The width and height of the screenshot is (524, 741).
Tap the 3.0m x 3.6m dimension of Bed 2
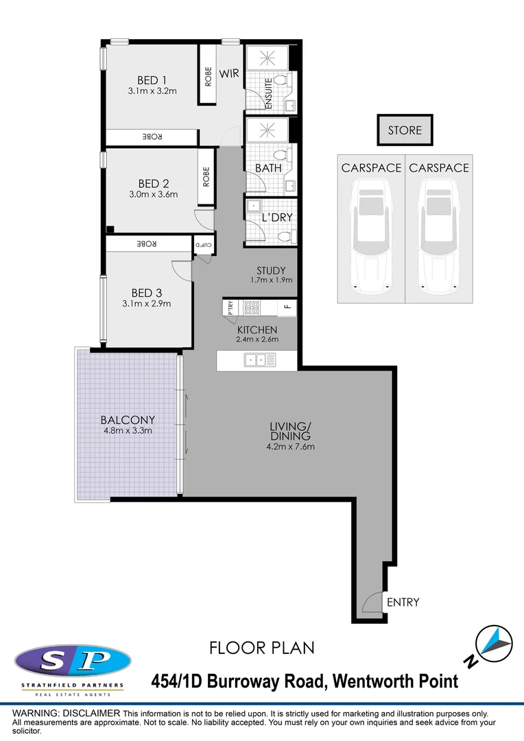click(x=153, y=194)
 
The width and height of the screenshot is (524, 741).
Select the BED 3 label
click(x=146, y=293)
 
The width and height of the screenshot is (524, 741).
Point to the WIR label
click(x=229, y=73)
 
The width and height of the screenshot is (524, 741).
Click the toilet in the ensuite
click(x=285, y=84)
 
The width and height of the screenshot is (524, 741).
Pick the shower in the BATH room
click(x=262, y=130)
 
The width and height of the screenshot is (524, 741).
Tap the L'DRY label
click(x=278, y=217)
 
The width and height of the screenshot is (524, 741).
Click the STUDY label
click(x=271, y=270)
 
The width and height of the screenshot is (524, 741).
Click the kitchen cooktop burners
click(x=250, y=307)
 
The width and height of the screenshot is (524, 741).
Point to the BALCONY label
click(x=128, y=420)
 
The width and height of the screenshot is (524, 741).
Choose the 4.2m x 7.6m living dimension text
click(x=291, y=447)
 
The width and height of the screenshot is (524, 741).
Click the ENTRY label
click(x=403, y=602)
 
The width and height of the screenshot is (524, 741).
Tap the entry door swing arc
click(x=371, y=602)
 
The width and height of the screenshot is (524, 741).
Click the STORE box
click(x=405, y=130)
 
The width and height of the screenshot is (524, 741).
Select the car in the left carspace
click(x=371, y=233)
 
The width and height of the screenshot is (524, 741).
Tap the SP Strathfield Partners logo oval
click(x=73, y=661)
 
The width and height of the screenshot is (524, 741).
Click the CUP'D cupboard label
click(x=204, y=244)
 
